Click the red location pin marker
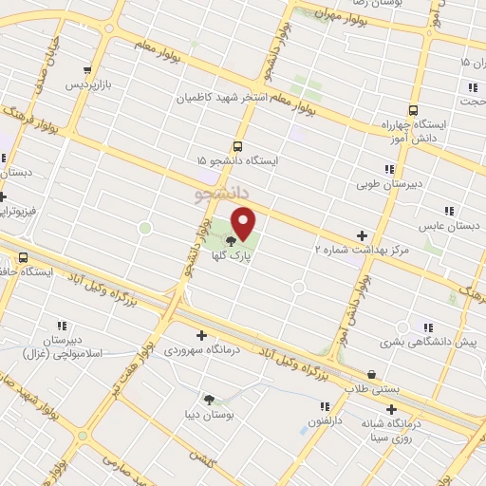pyautogui.click(x=244, y=224)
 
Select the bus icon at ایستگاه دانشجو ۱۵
pyautogui.click(x=236, y=146)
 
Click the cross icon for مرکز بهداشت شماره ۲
pyautogui.click(x=361, y=235)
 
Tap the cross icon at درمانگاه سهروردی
pyautogui.click(x=201, y=334)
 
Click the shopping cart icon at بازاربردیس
pyautogui.click(x=88, y=70)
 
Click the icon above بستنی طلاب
pyautogui.click(x=371, y=374)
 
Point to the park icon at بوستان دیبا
pyautogui.click(x=209, y=399)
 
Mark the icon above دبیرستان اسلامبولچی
pyautogui.click(x=61, y=325)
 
